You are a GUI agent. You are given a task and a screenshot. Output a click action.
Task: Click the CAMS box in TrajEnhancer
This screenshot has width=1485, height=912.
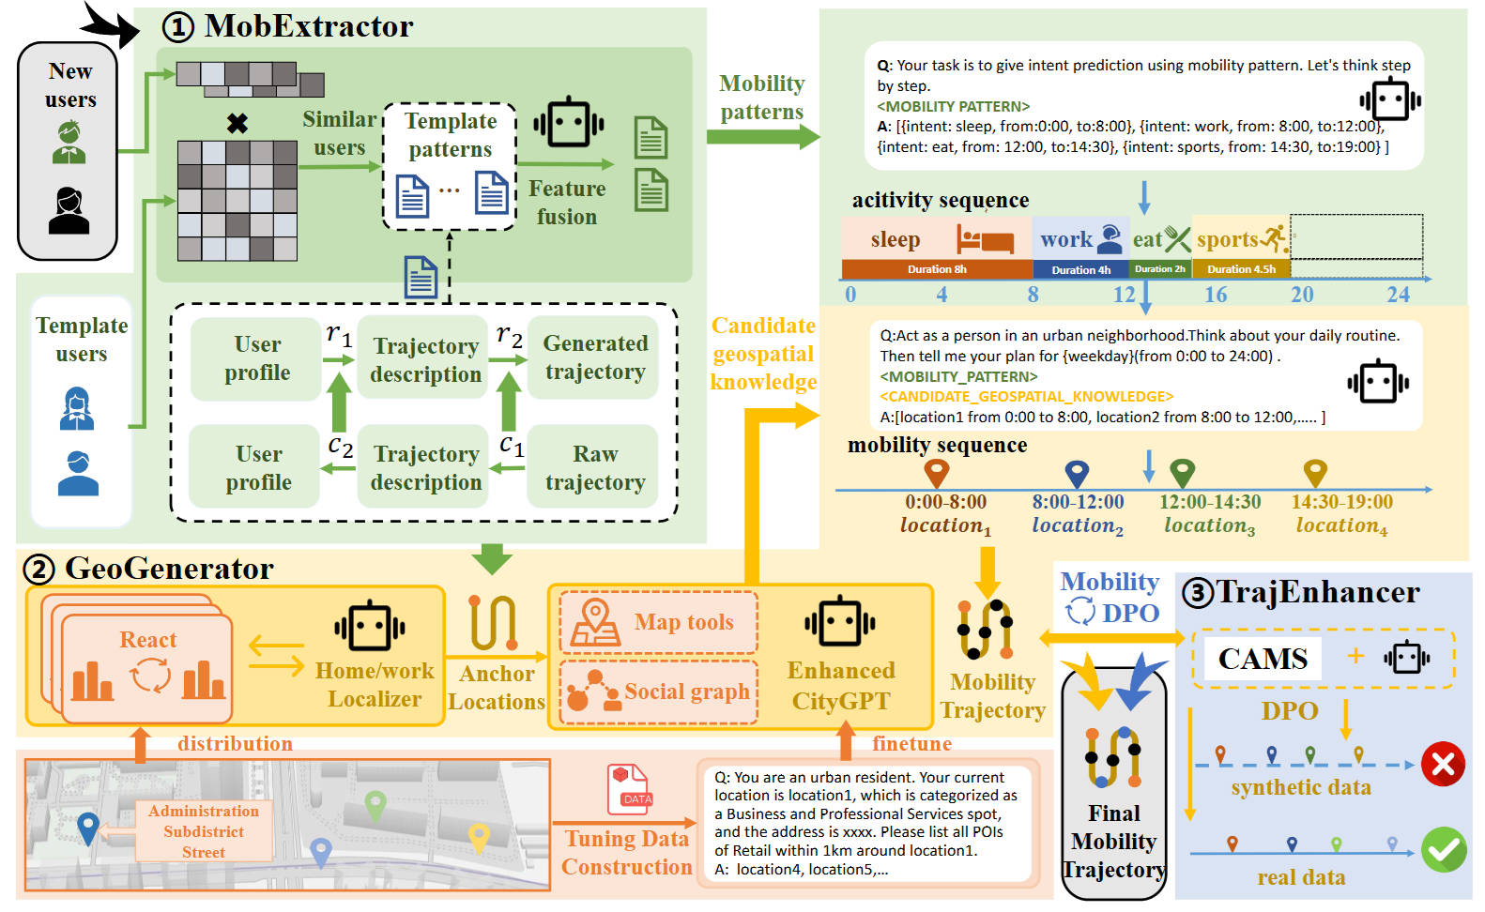pyautogui.click(x=1263, y=659)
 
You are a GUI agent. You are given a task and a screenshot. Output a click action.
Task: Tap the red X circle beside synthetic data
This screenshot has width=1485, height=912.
pyautogui.click(x=1443, y=764)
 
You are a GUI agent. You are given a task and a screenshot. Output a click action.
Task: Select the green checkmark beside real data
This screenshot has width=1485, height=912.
pyautogui.click(x=1443, y=849)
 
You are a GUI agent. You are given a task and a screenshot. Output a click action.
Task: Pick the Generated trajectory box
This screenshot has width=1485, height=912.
pyautogui.click(x=594, y=357)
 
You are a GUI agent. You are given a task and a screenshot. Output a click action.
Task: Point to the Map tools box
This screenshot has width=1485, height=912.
pyautogui.click(x=659, y=622)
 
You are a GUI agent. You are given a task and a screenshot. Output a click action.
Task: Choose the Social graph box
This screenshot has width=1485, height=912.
pyautogui.click(x=659, y=692)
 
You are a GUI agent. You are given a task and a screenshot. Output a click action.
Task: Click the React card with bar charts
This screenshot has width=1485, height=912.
pyautogui.click(x=147, y=670)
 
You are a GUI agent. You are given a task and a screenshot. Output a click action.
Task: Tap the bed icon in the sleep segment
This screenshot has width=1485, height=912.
pyautogui.click(x=985, y=239)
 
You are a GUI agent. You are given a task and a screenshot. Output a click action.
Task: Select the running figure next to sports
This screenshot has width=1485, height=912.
pyautogui.click(x=1274, y=238)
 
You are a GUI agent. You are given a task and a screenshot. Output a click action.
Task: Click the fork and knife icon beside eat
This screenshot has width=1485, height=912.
pyautogui.click(x=1177, y=239)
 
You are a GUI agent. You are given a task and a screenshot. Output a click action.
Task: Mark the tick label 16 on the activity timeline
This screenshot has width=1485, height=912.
pyautogui.click(x=1216, y=295)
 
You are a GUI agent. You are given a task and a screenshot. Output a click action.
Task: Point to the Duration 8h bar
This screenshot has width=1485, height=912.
pyautogui.click(x=937, y=269)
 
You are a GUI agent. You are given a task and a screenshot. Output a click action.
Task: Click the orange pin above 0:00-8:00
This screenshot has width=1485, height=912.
pyautogui.click(x=936, y=472)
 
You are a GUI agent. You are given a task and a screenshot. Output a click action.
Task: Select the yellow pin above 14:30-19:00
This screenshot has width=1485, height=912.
pyautogui.click(x=1315, y=472)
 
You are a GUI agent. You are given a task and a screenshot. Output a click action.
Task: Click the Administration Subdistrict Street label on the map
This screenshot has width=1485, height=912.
pyautogui.click(x=204, y=831)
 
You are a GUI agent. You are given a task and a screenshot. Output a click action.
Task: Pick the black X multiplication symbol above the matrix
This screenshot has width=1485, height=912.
pyautogui.click(x=237, y=123)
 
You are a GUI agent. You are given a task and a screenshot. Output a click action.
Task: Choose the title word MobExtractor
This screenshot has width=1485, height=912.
pyautogui.click(x=309, y=26)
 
